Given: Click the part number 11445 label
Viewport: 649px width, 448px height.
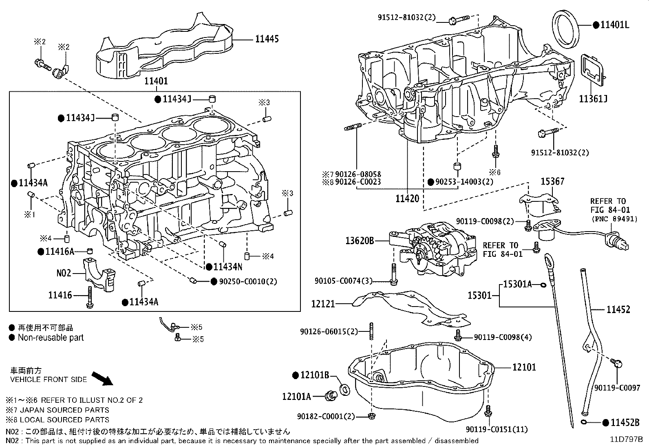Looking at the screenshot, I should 267,39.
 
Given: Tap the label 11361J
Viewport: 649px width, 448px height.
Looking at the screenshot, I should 593,99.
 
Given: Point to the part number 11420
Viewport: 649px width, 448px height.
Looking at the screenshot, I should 407,199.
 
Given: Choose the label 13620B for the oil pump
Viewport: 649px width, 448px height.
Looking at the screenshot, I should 360,241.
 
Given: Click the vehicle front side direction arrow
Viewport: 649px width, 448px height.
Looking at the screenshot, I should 102,378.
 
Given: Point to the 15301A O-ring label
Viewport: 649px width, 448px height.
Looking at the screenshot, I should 517,284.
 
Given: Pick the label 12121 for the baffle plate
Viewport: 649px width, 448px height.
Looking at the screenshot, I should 323,304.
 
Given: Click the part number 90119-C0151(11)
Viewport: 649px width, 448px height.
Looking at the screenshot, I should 497,429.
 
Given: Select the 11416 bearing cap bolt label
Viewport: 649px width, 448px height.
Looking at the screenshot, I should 60,295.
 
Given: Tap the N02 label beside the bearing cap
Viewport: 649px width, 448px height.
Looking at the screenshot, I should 64,273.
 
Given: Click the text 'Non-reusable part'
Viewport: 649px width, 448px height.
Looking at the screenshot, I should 51,338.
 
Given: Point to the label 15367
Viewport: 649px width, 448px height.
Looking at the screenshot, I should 552,181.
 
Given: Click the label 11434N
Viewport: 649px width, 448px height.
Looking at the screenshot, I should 228,267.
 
